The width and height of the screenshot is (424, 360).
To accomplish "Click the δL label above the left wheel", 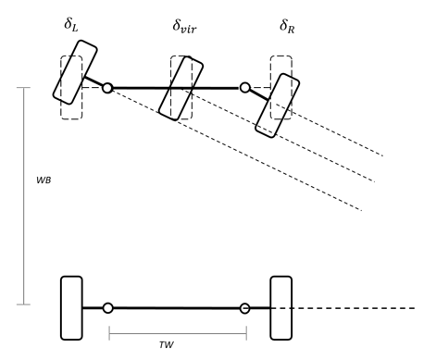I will coord(71,20).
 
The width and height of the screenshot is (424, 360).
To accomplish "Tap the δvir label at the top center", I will coord(188,20).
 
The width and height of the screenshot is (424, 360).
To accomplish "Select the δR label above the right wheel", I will coord(288,20).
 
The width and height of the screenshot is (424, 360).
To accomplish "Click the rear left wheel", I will coord(71,307).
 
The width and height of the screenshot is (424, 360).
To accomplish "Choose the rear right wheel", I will coord(281,307).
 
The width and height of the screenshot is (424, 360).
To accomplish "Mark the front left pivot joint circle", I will coord(107,88).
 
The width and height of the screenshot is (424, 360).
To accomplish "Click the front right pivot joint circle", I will coord(244,88).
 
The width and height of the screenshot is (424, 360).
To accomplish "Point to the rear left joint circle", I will coord(108,308).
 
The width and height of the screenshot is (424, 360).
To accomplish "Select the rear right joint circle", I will coord(244,308).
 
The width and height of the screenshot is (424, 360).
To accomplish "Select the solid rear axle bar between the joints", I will coord(176,308).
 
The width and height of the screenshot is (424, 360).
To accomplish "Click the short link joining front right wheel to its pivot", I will coord(259,95).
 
